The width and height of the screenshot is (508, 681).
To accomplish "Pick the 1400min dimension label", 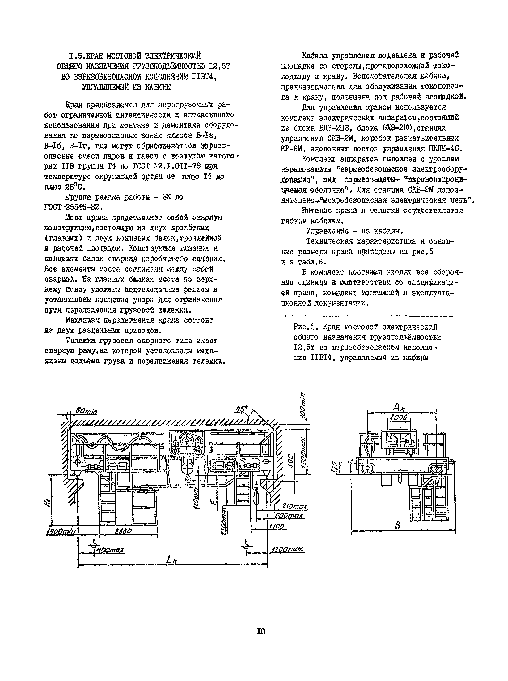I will click(x=61, y=531).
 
